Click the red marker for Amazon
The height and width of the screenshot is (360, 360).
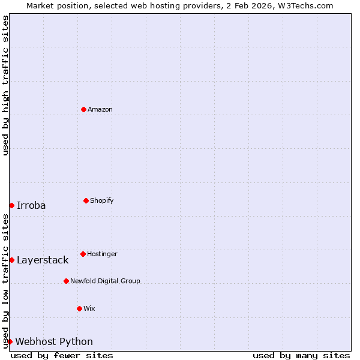(x=83, y=109)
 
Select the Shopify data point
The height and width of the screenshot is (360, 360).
(x=86, y=200)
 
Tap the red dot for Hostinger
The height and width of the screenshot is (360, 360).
(x=83, y=254)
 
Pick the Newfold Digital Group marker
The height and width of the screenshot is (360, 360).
(x=66, y=281)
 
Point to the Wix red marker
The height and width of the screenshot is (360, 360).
(x=79, y=308)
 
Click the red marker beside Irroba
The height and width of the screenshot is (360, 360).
(x=11, y=205)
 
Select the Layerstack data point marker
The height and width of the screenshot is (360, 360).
(x=11, y=260)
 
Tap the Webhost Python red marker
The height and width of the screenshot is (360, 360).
(x=10, y=341)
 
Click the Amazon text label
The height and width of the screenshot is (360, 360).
(x=100, y=109)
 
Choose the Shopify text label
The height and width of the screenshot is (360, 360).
(x=102, y=200)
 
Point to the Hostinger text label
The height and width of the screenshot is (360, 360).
(x=102, y=254)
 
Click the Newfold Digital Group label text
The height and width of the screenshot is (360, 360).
(x=105, y=281)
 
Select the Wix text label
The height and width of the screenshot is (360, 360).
(x=89, y=308)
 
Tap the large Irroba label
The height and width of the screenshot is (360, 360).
(x=31, y=205)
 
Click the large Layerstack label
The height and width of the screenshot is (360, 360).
(x=43, y=260)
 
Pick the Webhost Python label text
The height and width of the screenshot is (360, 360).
(x=54, y=341)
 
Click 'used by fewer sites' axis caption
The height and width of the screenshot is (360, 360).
(x=62, y=355)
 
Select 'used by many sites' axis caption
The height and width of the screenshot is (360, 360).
(x=301, y=355)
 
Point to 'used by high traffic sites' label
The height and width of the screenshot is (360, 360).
(x=5, y=85)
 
